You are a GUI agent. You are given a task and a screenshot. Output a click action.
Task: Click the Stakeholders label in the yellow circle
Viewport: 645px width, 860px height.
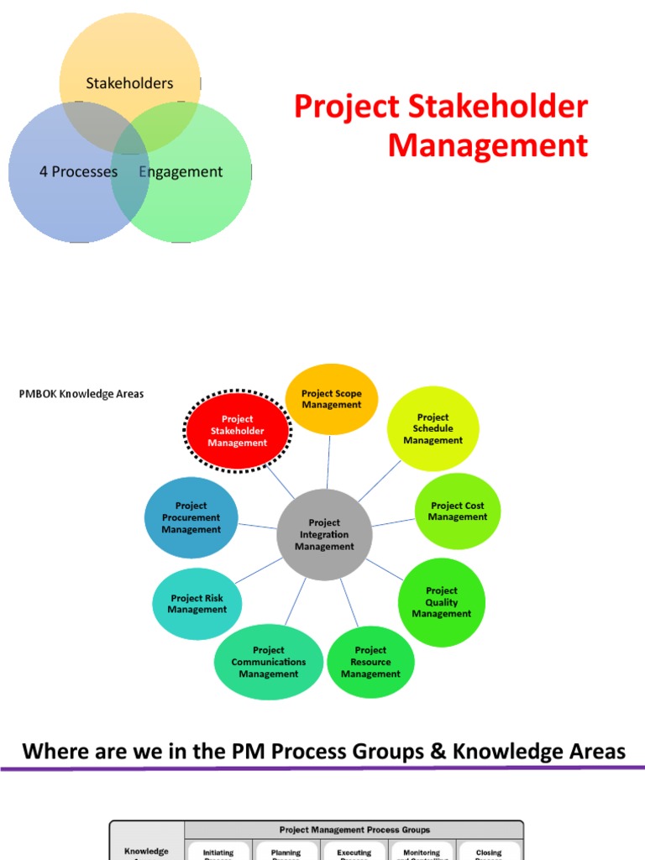(129, 83)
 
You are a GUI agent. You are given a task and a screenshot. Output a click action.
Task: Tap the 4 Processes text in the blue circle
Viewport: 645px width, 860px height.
(78, 172)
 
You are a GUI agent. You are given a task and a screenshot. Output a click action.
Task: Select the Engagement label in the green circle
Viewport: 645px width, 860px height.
(181, 172)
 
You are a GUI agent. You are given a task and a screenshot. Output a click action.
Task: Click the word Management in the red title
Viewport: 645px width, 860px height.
(487, 145)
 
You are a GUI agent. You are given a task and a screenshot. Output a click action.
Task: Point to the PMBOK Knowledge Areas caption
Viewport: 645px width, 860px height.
(81, 394)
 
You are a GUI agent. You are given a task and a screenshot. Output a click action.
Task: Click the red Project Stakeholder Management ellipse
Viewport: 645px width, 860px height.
(238, 431)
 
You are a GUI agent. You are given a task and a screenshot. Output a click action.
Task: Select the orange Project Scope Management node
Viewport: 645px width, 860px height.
(332, 399)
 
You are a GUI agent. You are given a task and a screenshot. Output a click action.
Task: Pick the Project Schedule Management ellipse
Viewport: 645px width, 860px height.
(433, 428)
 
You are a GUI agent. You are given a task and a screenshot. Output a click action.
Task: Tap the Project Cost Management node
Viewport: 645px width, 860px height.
(458, 511)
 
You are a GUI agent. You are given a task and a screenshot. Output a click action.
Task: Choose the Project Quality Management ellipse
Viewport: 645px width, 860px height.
(442, 602)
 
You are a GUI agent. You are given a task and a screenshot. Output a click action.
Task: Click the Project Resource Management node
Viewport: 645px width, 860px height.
(370, 662)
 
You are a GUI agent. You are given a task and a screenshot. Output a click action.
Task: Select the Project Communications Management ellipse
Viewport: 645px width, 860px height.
(269, 662)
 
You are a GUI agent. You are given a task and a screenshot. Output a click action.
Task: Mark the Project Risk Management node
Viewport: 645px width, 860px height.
(197, 604)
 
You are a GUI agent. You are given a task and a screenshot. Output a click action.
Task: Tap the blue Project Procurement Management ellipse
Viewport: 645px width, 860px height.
(191, 518)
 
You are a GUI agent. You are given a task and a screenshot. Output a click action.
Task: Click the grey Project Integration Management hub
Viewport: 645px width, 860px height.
(325, 535)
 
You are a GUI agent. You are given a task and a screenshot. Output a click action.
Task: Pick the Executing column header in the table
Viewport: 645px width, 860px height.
(354, 852)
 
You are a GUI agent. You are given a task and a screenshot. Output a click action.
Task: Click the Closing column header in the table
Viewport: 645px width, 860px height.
(489, 852)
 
